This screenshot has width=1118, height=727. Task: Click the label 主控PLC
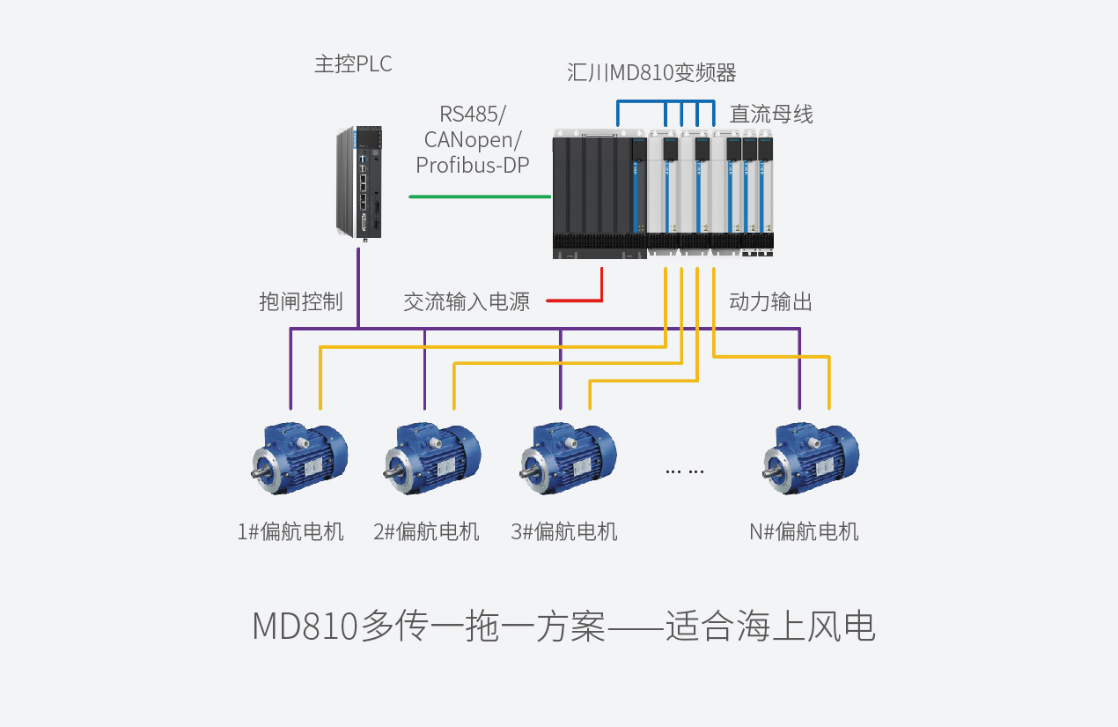point(352,64)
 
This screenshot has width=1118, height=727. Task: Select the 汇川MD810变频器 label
point(651,72)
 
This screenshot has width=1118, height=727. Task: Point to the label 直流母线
point(771,115)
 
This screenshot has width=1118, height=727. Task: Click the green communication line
point(480,197)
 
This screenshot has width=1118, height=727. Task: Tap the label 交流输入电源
point(467,302)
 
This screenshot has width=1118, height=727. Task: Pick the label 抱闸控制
point(300,302)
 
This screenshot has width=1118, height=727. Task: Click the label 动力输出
point(770,302)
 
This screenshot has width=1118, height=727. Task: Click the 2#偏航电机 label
point(426,532)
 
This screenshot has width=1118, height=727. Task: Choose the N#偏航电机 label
point(804,532)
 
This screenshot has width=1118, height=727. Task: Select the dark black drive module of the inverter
point(594,194)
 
